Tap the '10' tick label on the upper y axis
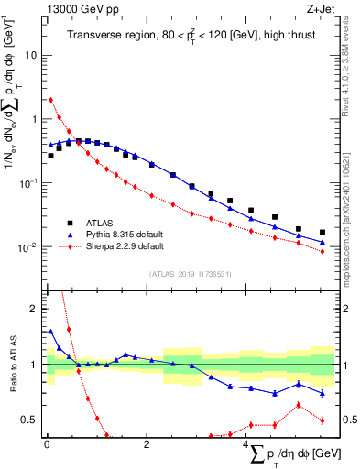(29, 55)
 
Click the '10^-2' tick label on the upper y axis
(27, 247)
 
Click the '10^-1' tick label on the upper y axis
(27, 183)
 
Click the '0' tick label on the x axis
(47, 444)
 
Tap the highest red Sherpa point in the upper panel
(51, 100)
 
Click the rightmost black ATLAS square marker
(322, 233)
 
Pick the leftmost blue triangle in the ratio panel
(51, 332)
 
